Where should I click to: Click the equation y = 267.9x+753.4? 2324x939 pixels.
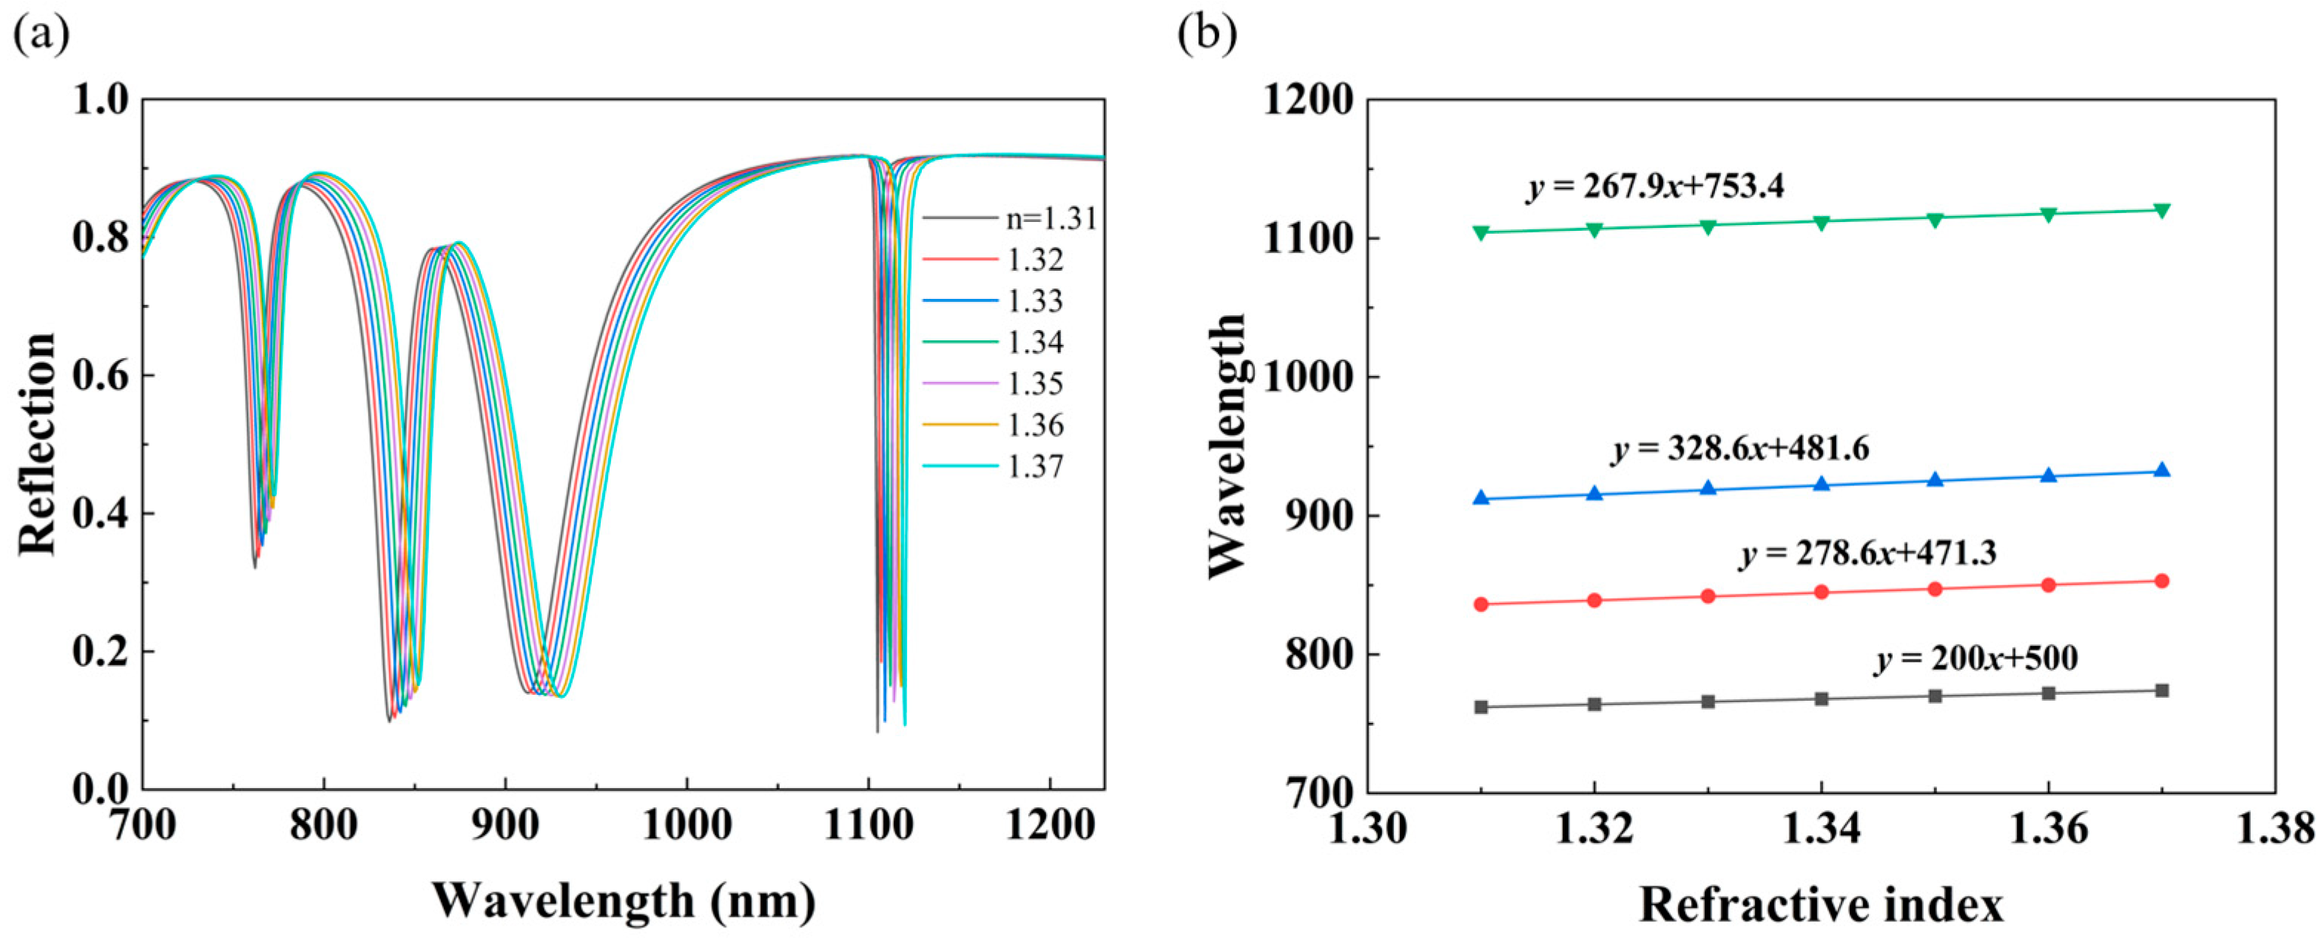tap(1654, 186)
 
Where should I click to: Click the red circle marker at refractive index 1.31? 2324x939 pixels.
tap(1481, 605)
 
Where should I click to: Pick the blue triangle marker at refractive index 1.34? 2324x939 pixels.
tap(1822, 485)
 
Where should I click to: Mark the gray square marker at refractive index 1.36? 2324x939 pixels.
tap(2048, 693)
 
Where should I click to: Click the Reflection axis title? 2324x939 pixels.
tap(38, 444)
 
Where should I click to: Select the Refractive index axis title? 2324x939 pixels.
tap(1821, 905)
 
